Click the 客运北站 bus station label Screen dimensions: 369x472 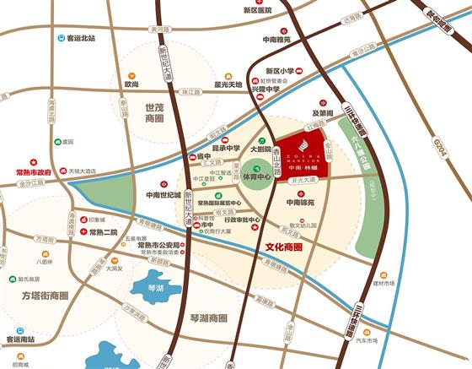74,38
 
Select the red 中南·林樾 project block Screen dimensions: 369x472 304,156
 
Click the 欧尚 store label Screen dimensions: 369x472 131,84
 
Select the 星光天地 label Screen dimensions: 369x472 227,84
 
